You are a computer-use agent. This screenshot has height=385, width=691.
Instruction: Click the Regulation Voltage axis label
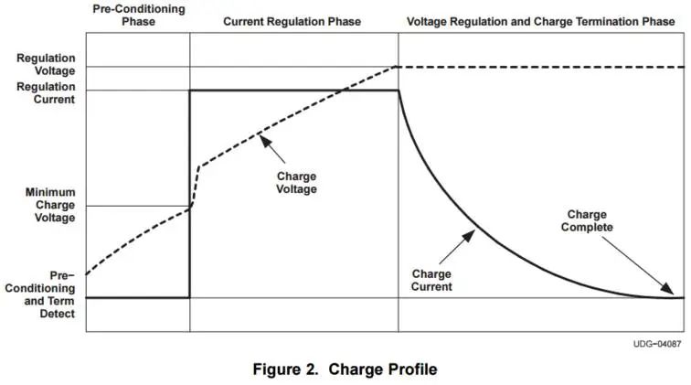tap(46, 63)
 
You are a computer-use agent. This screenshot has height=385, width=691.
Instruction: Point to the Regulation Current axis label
tap(46, 93)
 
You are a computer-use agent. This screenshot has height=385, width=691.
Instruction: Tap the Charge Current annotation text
tap(432, 280)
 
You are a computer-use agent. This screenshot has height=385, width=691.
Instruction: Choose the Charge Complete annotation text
tap(586, 220)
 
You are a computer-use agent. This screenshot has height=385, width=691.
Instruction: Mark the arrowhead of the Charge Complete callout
tap(678, 294)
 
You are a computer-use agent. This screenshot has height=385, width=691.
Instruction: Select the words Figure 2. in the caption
tap(285, 369)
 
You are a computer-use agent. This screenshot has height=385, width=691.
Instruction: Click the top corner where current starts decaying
tap(399, 91)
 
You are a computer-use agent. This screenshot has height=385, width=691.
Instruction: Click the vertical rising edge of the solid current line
tap(190, 192)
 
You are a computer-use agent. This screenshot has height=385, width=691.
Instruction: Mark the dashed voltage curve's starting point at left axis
tap(86, 273)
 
